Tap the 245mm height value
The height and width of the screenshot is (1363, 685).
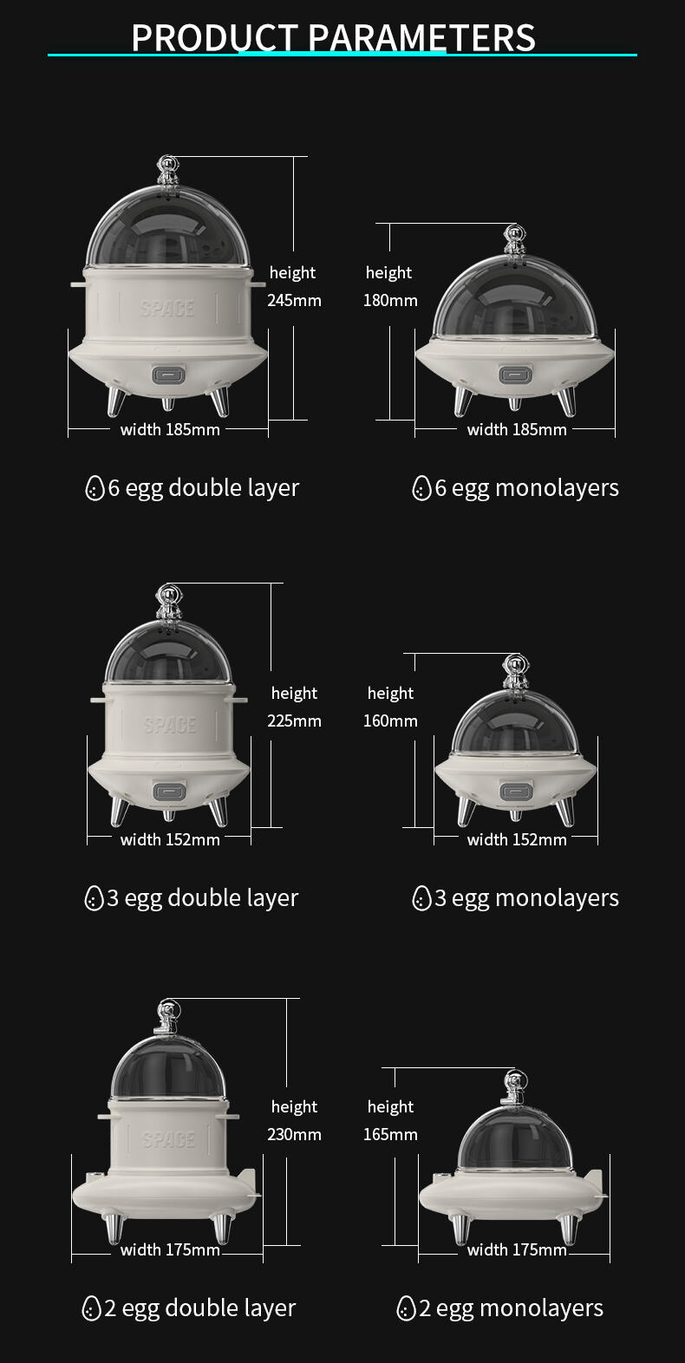294,301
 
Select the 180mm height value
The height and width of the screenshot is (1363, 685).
390,301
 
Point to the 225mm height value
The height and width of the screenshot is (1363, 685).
294,721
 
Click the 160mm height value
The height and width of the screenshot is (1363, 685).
390,721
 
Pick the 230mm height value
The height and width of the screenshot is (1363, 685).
294,1134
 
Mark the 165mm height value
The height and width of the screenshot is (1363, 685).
390,1134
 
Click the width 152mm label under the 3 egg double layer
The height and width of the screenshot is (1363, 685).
170,839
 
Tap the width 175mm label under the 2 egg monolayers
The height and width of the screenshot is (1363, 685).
517,1249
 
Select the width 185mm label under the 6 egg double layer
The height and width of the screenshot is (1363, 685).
170,429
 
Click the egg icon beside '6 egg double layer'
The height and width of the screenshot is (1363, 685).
95,488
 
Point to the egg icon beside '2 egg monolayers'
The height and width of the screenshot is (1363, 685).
406,1308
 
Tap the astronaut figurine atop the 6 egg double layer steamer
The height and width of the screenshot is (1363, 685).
167,171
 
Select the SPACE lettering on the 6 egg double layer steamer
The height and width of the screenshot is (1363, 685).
167,308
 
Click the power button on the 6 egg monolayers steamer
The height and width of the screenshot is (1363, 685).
515,375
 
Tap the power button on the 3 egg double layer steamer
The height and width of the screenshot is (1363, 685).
168,791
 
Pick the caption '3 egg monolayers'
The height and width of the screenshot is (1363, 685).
526,898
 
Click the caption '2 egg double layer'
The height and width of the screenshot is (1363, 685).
199,1308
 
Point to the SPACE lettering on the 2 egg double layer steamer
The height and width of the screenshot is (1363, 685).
167,1139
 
